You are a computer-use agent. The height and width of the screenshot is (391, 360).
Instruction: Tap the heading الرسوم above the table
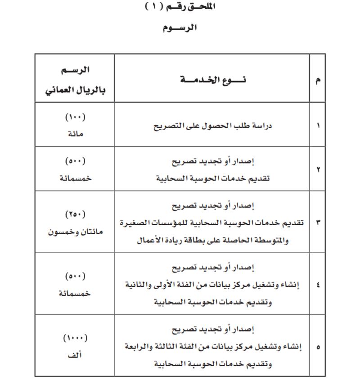180,28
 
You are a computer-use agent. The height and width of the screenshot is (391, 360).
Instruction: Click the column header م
318,80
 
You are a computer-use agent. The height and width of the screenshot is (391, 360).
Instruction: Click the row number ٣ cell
318,223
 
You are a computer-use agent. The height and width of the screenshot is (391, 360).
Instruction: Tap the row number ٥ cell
318,347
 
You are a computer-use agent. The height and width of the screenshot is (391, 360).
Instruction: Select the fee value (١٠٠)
75,117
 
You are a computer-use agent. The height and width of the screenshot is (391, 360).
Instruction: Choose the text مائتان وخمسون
75,232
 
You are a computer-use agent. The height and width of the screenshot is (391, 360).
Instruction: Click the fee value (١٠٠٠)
75,338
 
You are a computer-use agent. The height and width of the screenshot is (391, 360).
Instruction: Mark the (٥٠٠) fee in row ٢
75,161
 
